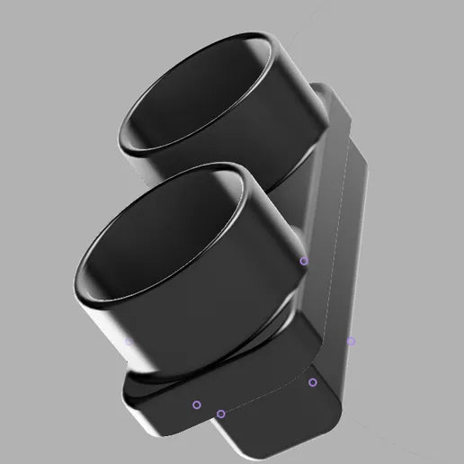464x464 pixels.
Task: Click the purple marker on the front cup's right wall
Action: tap(303, 261)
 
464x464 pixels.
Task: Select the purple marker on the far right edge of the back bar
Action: tap(351, 341)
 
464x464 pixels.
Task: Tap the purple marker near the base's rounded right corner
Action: tap(313, 382)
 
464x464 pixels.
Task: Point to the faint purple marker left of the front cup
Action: tap(129, 341)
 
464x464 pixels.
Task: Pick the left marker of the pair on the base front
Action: tap(197, 405)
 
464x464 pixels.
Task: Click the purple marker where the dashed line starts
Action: tap(220, 414)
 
